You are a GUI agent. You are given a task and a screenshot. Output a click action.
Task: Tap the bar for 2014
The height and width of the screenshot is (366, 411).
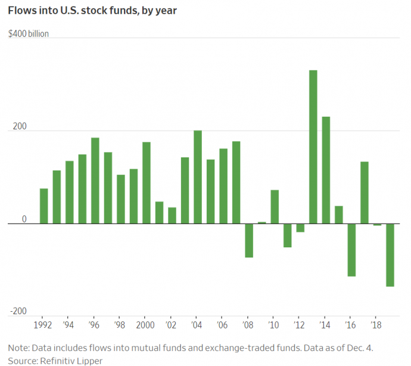(326, 170)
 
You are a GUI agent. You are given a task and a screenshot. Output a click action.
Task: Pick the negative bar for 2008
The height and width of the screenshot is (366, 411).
(249, 240)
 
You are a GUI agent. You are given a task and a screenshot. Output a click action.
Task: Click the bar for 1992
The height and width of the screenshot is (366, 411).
(44, 206)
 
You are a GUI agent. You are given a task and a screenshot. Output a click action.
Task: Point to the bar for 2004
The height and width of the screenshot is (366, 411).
(198, 177)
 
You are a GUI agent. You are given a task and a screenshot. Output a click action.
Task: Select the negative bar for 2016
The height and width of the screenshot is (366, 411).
(351, 250)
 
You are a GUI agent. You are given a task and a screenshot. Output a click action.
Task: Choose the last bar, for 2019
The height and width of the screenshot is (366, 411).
(390, 255)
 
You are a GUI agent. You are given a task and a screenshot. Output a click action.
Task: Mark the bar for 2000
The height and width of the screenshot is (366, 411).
(147, 182)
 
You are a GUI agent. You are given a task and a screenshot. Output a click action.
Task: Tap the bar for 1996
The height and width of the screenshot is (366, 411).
(95, 181)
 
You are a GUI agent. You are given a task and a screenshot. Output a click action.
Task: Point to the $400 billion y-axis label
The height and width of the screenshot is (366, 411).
(29, 34)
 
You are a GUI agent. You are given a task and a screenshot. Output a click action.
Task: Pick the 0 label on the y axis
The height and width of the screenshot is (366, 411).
(24, 219)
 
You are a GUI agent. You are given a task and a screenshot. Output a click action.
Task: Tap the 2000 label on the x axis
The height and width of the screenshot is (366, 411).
(147, 326)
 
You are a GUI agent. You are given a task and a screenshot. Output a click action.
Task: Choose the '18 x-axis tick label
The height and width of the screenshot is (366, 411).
(377, 326)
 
